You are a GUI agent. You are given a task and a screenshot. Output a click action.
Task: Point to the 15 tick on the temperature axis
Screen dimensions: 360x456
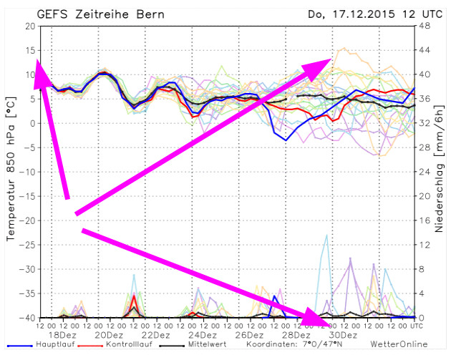(x=29, y=50)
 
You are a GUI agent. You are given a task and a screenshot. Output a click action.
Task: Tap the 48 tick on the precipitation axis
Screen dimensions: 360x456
(x=423, y=26)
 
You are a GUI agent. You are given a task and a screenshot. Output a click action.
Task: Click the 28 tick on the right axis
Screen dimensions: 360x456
(x=423, y=147)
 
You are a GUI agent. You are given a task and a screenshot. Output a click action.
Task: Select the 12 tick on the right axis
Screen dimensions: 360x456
(x=423, y=245)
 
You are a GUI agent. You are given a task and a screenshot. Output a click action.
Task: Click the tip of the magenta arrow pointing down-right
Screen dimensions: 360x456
(x=331, y=320)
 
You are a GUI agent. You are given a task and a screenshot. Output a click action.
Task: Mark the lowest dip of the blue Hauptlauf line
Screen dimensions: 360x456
(x=286, y=140)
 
